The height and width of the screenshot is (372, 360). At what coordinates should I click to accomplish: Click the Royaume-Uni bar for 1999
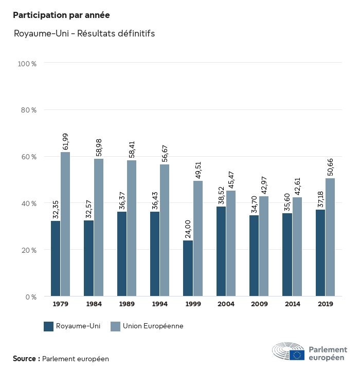pyautogui.click(x=188, y=268)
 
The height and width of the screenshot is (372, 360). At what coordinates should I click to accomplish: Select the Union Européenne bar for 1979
pyautogui.click(x=65, y=224)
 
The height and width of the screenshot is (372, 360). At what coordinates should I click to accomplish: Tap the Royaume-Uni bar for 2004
pyautogui.click(x=221, y=251)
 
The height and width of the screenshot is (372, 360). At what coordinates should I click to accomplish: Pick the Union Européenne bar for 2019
pyautogui.click(x=330, y=237)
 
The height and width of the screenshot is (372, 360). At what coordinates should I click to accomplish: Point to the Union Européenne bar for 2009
pyautogui.click(x=264, y=246)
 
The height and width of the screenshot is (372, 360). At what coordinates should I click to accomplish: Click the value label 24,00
pyautogui.click(x=188, y=227)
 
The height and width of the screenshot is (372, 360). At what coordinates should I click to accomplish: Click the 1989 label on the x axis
pyautogui.click(x=127, y=304)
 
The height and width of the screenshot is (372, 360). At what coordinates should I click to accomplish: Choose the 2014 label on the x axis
pyautogui.click(x=292, y=304)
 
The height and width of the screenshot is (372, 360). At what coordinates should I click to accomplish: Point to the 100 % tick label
pyautogui.click(x=27, y=64)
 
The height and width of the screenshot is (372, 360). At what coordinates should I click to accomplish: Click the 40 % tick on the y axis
pyautogui.click(x=28, y=203)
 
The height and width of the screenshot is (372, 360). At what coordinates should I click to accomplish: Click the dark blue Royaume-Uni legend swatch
pyautogui.click(x=49, y=326)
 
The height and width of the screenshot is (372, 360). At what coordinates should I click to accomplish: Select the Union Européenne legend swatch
pyautogui.click(x=115, y=326)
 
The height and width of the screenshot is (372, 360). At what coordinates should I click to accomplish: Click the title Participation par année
pyautogui.click(x=61, y=15)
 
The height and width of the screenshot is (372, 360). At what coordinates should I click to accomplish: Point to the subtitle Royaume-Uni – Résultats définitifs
pyautogui.click(x=84, y=34)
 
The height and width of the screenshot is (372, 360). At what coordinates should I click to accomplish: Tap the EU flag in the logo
pyautogui.click(x=297, y=355)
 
